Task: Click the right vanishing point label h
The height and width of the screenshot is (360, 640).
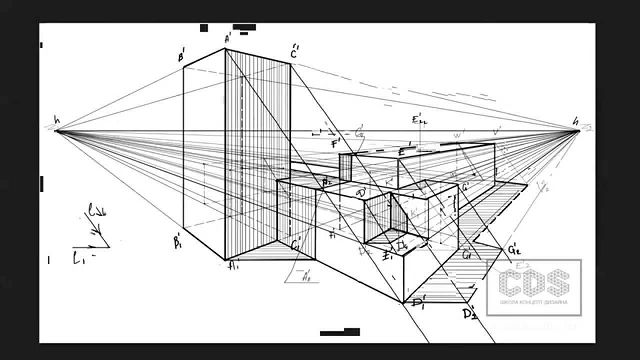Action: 576,120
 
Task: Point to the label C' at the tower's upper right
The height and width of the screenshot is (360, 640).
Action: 294,52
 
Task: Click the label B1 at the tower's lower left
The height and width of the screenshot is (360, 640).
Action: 177,243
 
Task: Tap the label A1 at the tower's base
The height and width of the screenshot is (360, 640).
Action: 233,266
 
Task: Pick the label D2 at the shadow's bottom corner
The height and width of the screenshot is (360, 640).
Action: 469,314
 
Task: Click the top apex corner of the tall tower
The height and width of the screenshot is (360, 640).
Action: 225,48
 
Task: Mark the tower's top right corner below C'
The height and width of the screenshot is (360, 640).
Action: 290,63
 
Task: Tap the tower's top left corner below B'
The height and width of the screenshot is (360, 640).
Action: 183,66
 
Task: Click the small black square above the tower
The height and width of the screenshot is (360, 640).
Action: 204,28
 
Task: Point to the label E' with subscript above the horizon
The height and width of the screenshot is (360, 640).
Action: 416,121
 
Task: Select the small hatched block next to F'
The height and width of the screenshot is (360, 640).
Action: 346,166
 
